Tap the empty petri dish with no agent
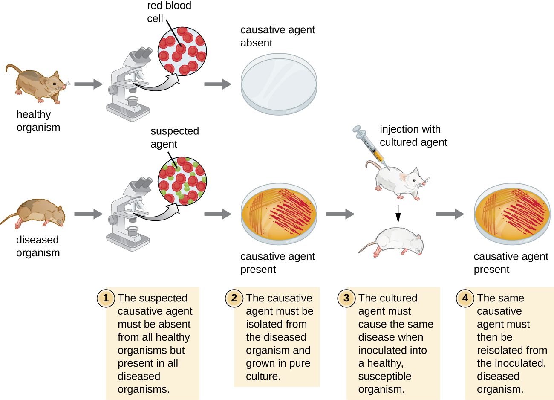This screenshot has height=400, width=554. tap(279, 84)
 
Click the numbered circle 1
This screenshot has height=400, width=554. tap(106, 298)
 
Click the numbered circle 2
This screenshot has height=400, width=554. tap(234, 298)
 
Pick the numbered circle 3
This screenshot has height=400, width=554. tap(346, 298)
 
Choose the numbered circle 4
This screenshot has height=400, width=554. tap(465, 298)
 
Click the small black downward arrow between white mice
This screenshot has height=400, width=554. tap(398, 214)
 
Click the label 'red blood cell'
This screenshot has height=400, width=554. tap(169, 12)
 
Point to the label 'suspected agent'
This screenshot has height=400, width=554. tap(174, 137)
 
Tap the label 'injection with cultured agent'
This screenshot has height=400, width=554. tap(413, 136)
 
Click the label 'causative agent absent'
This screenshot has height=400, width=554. tap(277, 36)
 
